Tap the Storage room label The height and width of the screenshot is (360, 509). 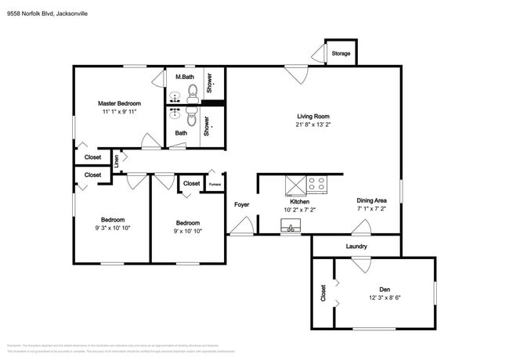341,54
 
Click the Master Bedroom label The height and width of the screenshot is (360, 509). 119,103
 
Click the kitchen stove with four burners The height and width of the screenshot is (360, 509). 317,185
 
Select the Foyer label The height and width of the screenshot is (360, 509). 242,205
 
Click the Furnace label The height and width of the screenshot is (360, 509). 215,185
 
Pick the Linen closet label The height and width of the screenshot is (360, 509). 116,160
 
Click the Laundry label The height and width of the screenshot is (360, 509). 356,247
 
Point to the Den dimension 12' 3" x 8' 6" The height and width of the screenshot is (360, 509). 385,298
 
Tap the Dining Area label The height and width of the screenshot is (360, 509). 372,200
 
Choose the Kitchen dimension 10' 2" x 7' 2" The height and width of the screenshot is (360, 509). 298,210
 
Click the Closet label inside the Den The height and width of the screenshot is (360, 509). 323,293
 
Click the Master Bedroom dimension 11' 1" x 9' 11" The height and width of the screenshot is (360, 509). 119,112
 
